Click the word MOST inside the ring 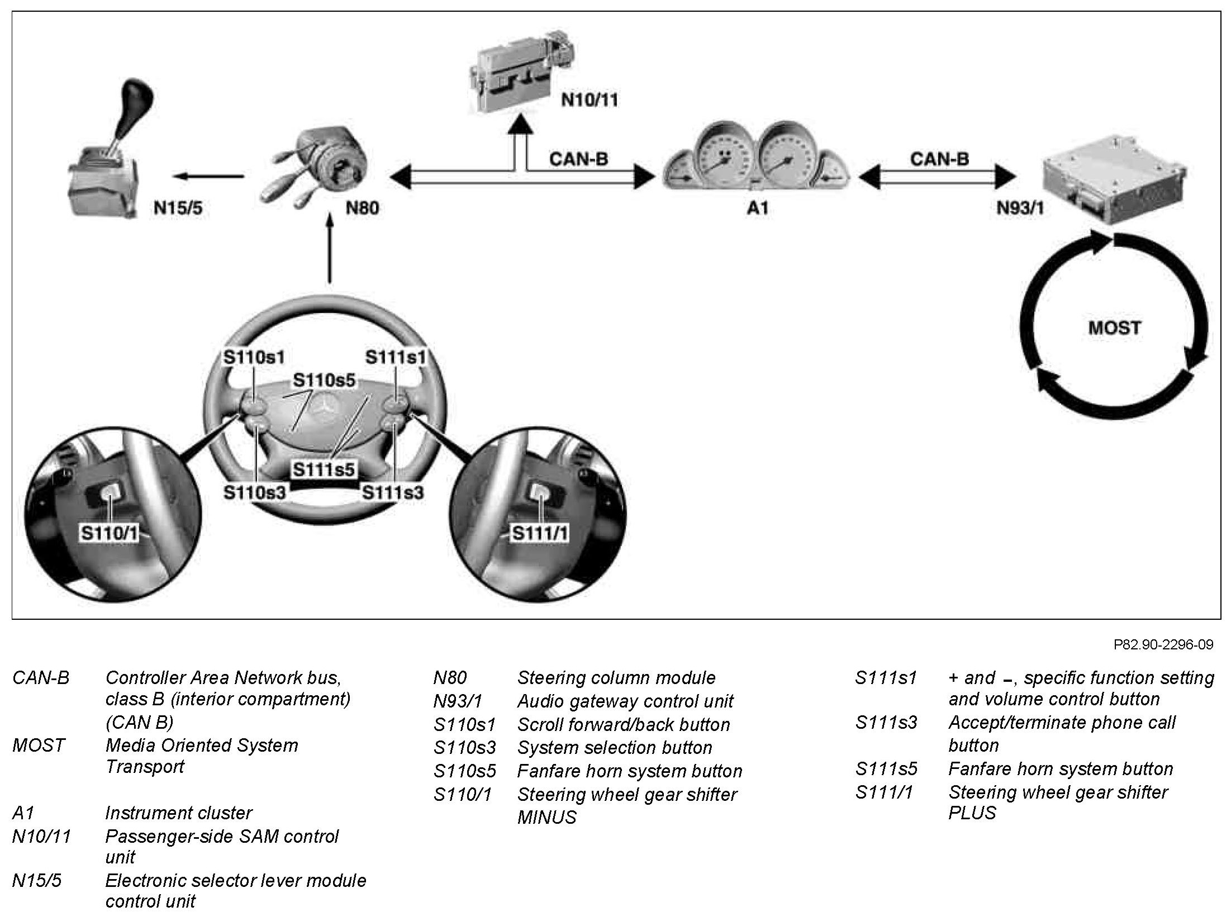click(x=1114, y=327)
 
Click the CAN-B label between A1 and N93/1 click(x=939, y=159)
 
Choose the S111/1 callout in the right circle click(x=539, y=533)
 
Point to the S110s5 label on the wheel click(x=324, y=380)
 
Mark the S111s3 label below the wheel click(x=392, y=492)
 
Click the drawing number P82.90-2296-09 click(x=1163, y=645)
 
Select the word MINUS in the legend click(x=546, y=817)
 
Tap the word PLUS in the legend click(x=972, y=813)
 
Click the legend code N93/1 click(x=457, y=701)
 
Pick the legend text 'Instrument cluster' click(x=178, y=813)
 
